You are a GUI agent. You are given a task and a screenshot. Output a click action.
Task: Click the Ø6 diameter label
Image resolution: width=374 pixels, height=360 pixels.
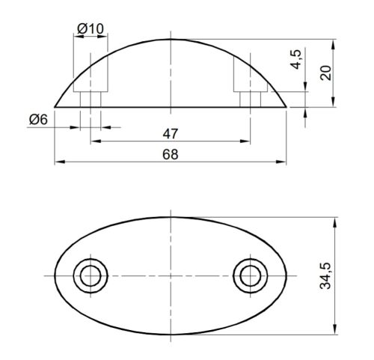click(39, 119)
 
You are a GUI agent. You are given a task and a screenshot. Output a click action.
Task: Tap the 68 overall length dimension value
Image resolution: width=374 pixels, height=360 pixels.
click(171, 153)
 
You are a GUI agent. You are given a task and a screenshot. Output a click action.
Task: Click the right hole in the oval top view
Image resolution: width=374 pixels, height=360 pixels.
click(249, 275)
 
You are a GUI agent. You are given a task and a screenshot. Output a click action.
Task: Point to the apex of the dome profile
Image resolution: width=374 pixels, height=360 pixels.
click(171, 39)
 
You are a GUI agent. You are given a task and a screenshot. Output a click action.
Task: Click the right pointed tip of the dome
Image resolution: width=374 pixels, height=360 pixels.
click(287, 107)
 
